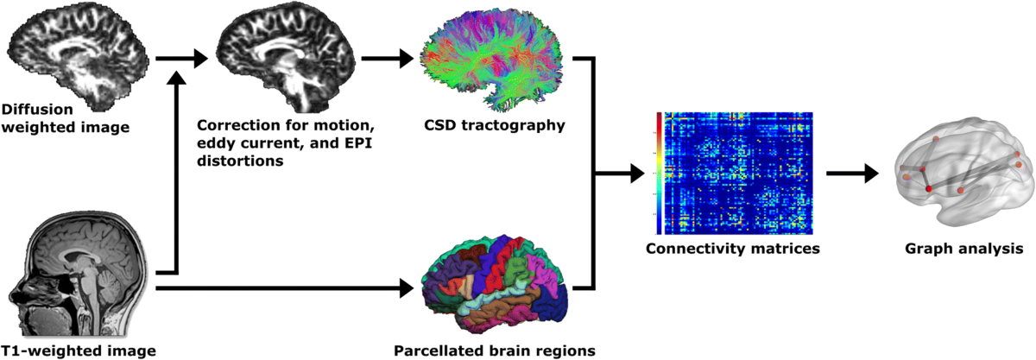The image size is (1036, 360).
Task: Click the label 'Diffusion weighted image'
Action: click(x=66, y=118)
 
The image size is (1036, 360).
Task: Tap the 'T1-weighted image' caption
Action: click(x=79, y=351)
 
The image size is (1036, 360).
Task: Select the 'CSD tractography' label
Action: click(x=495, y=125)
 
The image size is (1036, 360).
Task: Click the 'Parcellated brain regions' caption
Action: click(x=495, y=351)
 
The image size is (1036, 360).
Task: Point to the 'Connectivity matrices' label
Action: click(x=733, y=249)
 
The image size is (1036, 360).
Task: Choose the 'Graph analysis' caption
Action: click(x=963, y=249)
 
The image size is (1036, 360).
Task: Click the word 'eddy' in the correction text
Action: click(x=218, y=143)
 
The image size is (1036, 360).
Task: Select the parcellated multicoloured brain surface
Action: click(x=495, y=283)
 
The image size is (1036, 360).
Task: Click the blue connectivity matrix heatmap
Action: click(x=739, y=173)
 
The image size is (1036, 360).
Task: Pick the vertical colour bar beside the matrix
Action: click(x=659, y=173)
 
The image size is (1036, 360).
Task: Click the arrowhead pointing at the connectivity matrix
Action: click(x=637, y=174)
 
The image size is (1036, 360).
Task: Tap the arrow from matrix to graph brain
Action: click(x=852, y=174)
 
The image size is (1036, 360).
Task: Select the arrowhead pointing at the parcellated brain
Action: click(x=406, y=288)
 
